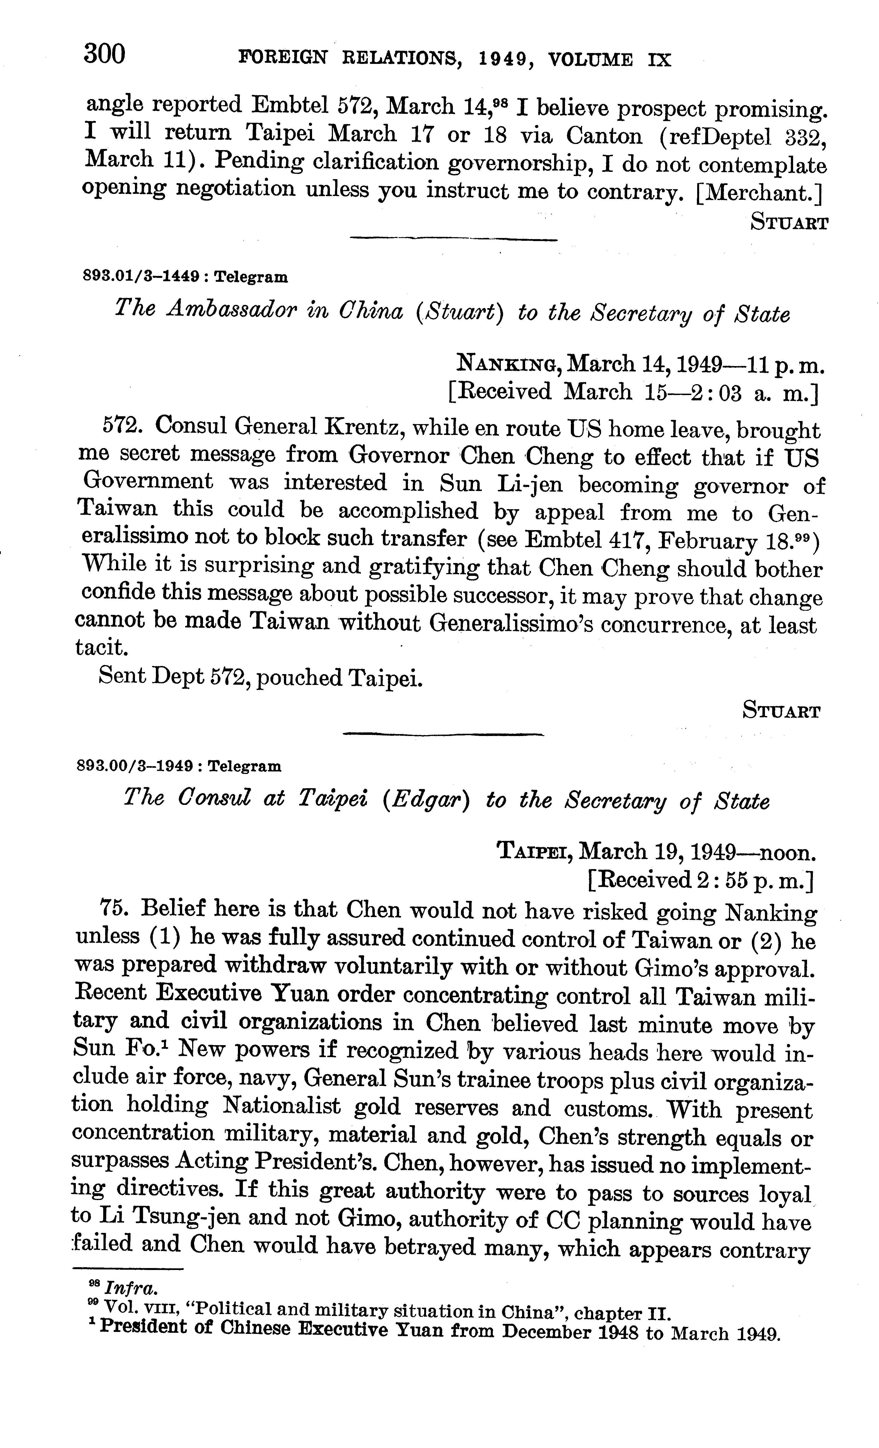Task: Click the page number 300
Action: click(x=105, y=55)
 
